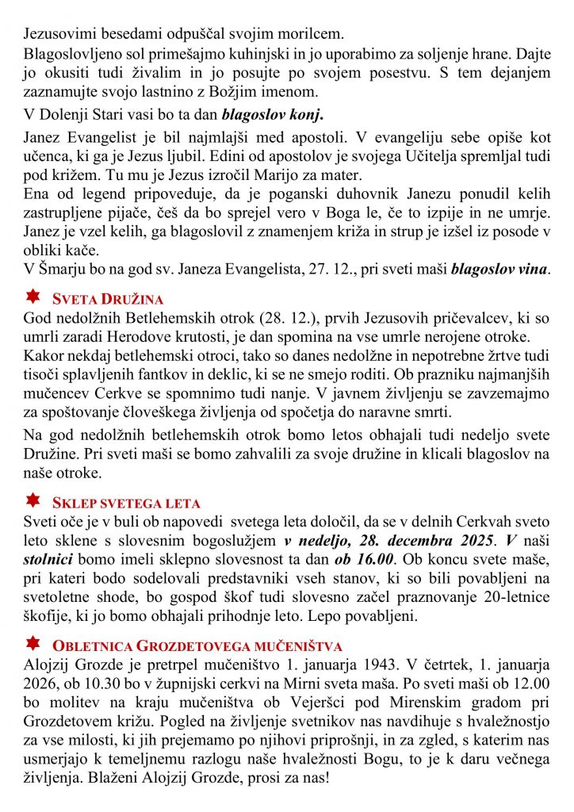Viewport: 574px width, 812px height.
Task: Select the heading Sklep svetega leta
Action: [x=126, y=503]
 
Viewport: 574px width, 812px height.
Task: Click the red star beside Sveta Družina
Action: [x=33, y=297]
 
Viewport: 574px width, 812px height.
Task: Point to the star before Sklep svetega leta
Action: [x=33, y=501]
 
